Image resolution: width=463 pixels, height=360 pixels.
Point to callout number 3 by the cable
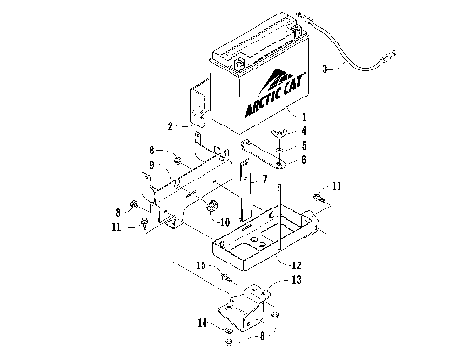[325, 69]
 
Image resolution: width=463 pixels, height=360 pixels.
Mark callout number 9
[151, 165]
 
